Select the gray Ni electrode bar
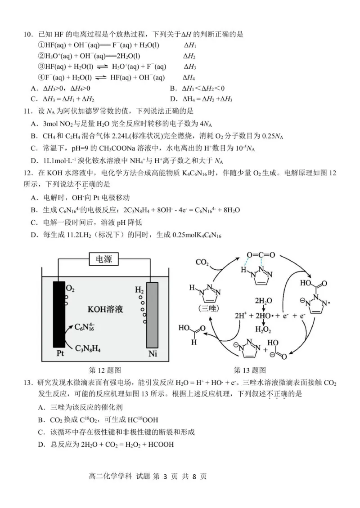coord(153,315)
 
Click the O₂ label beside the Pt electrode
coord(70,287)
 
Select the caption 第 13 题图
coord(250,370)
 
